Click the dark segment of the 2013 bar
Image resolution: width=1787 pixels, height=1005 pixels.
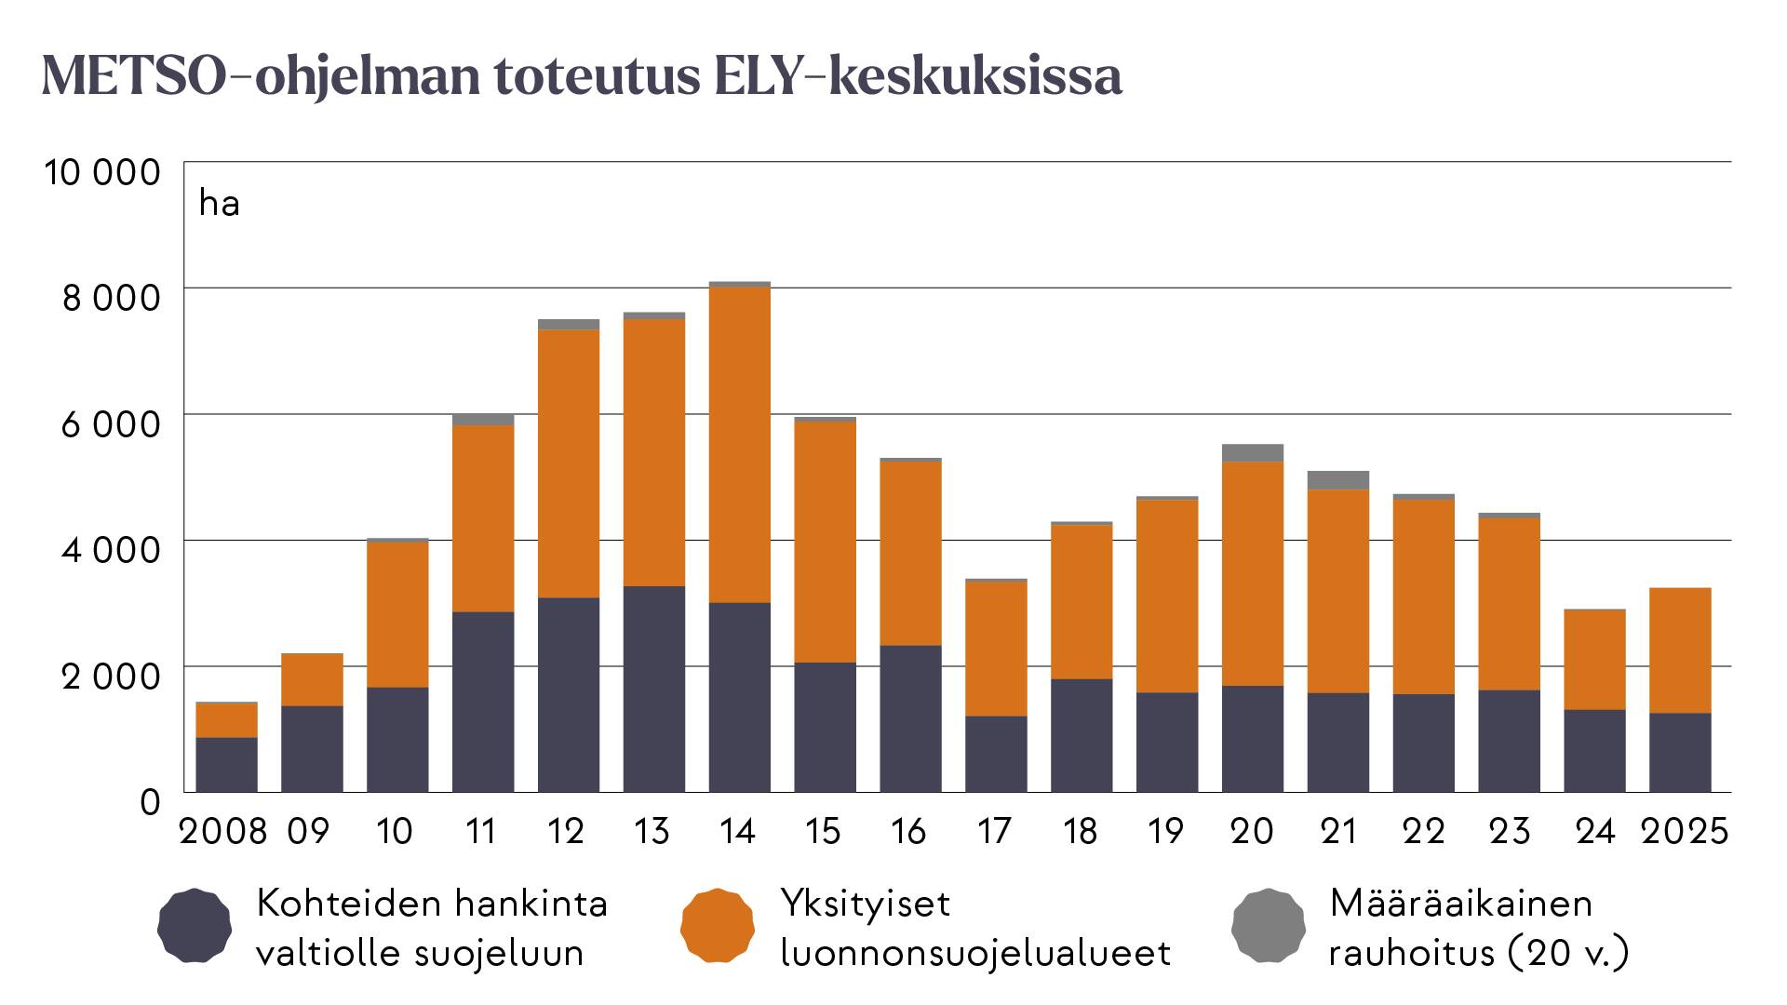coord(653,689)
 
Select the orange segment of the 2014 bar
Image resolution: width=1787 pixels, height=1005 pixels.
coord(739,445)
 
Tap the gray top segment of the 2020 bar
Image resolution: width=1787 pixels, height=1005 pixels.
coord(1252,453)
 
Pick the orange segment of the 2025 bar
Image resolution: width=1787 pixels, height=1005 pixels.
coord(1679,650)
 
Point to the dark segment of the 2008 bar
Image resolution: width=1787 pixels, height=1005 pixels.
coord(226,764)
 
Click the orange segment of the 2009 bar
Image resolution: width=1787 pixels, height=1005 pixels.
coord(312,679)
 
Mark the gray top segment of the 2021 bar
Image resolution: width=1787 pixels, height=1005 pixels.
coord(1337,480)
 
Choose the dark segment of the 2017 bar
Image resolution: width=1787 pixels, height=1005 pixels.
coord(996,754)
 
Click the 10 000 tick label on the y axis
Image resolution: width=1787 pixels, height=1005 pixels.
coord(102,172)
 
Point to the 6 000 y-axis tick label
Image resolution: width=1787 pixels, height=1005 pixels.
coord(111,424)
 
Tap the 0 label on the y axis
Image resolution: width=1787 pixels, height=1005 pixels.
coord(150,802)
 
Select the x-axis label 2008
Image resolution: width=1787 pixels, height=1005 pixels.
coord(222,831)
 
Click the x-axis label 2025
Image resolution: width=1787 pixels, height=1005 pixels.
coord(1684,831)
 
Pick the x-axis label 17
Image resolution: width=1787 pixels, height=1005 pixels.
coord(994,831)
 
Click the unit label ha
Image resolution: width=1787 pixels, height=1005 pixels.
coord(220,204)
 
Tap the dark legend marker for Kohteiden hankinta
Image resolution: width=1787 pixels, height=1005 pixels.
coord(195,926)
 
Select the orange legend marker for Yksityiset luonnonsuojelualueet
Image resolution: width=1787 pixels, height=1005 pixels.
coord(717,926)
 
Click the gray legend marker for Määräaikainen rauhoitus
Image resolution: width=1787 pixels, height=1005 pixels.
coord(1268,926)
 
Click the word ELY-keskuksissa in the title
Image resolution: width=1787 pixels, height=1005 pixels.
coord(918,76)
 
